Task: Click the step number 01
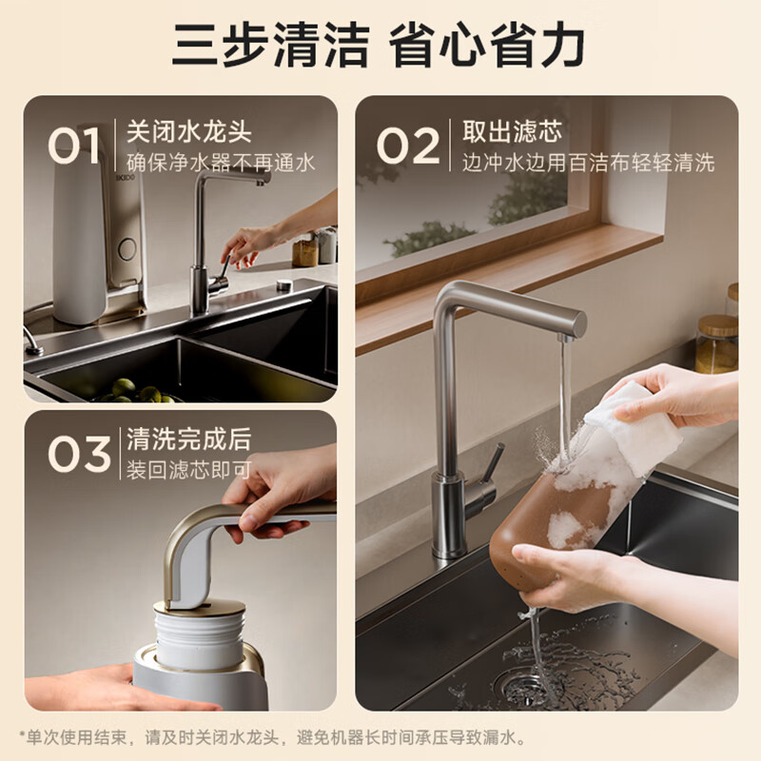(x=74, y=146)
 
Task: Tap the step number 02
(x=408, y=146)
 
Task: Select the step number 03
(x=79, y=454)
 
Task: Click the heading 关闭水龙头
(x=188, y=131)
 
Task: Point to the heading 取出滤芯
(x=512, y=131)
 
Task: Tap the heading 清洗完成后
(x=188, y=439)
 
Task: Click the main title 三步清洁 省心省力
(x=379, y=45)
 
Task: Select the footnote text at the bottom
(x=273, y=738)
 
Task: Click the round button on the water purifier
(x=127, y=249)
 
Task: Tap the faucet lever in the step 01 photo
(x=224, y=267)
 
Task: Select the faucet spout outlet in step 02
(x=566, y=337)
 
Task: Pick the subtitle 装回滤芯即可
(x=188, y=470)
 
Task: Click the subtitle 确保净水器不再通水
(x=221, y=163)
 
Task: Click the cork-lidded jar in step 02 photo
(x=717, y=343)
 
